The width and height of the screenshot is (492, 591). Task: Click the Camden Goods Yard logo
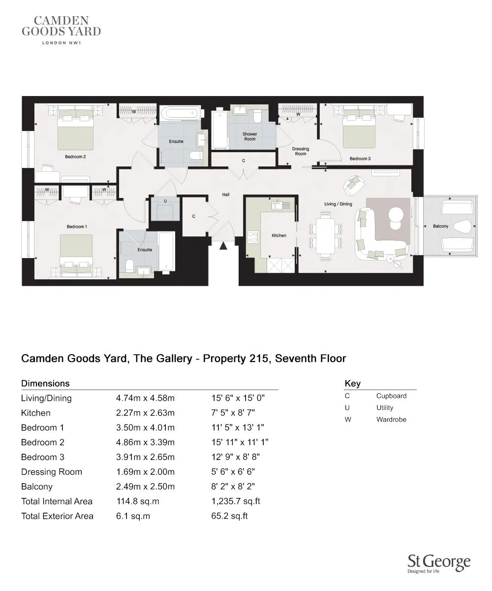[x=61, y=29]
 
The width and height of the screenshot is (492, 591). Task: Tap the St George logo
[x=439, y=563]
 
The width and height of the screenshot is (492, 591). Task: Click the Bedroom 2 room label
[x=75, y=157]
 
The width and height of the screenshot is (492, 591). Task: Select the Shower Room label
[x=249, y=136]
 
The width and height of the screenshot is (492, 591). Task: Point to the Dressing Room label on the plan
[x=301, y=151]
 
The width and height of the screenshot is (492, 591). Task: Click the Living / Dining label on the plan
[x=338, y=204]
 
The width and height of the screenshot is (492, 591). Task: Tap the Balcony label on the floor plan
[x=440, y=226]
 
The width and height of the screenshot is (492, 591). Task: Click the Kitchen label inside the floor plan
[x=279, y=236]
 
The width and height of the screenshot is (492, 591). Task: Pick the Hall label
[x=226, y=195]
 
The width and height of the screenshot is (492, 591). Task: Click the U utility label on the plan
[x=166, y=201]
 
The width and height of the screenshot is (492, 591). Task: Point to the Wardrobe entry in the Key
[x=391, y=420]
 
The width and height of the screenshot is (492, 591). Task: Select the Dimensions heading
[x=45, y=383]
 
